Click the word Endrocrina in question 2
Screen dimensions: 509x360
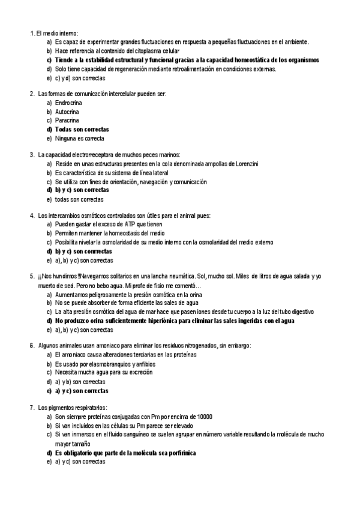[68, 103]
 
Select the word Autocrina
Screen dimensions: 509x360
[67, 112]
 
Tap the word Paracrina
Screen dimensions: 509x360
[67, 120]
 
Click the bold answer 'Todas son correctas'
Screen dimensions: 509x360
[82, 129]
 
